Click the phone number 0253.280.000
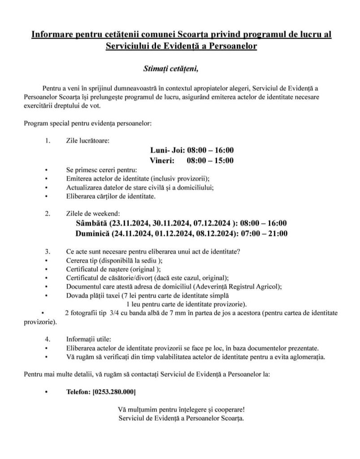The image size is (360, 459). (113, 392)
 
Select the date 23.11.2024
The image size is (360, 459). (130, 223)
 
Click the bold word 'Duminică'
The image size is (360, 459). (94, 233)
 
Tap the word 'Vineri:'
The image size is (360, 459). (162, 160)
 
